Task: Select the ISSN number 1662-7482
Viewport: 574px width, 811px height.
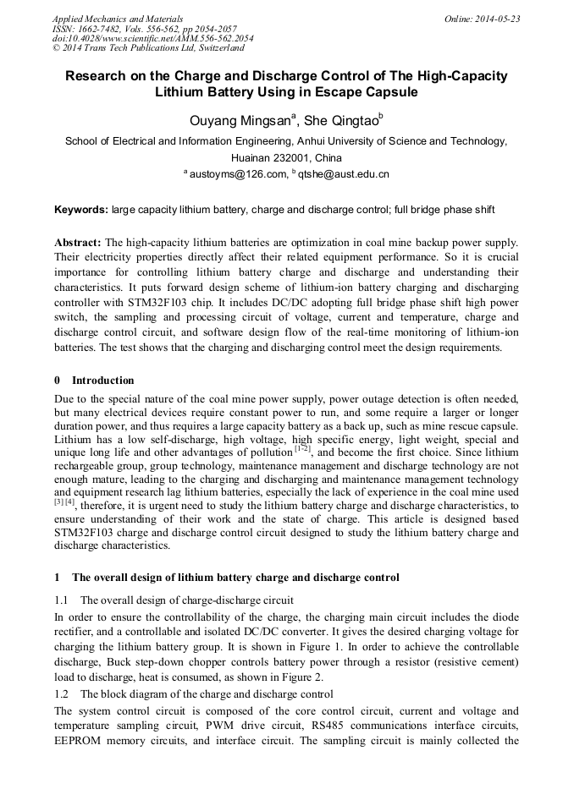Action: click(99, 29)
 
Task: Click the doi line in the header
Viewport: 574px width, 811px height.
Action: click(152, 39)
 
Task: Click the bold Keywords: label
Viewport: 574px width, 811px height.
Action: click(81, 209)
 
